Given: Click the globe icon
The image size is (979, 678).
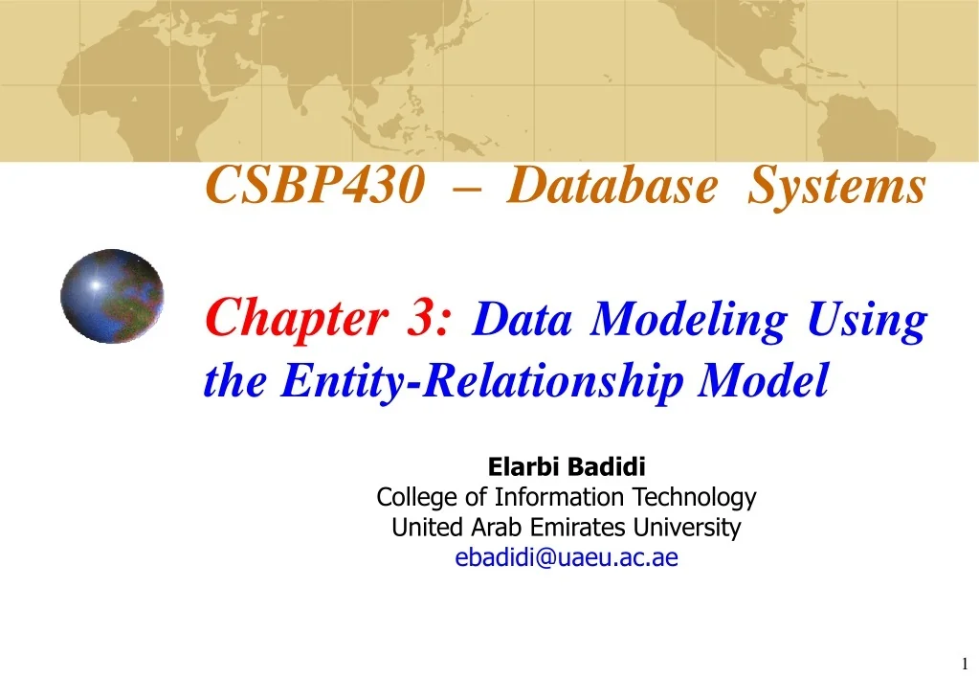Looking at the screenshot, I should click(x=112, y=296).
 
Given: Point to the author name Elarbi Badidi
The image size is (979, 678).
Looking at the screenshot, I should click(x=567, y=468).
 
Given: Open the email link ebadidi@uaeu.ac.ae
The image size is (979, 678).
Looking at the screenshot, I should click(x=567, y=558).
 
